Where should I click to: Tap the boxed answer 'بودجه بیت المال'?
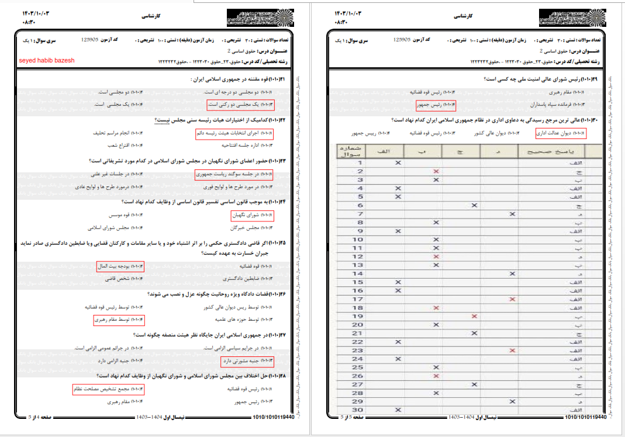120,267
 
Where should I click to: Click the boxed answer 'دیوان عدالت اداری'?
560,134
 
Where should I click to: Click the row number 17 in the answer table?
358,299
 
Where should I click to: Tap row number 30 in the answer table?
358,410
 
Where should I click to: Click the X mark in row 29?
512,401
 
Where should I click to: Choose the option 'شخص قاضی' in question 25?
120,280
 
